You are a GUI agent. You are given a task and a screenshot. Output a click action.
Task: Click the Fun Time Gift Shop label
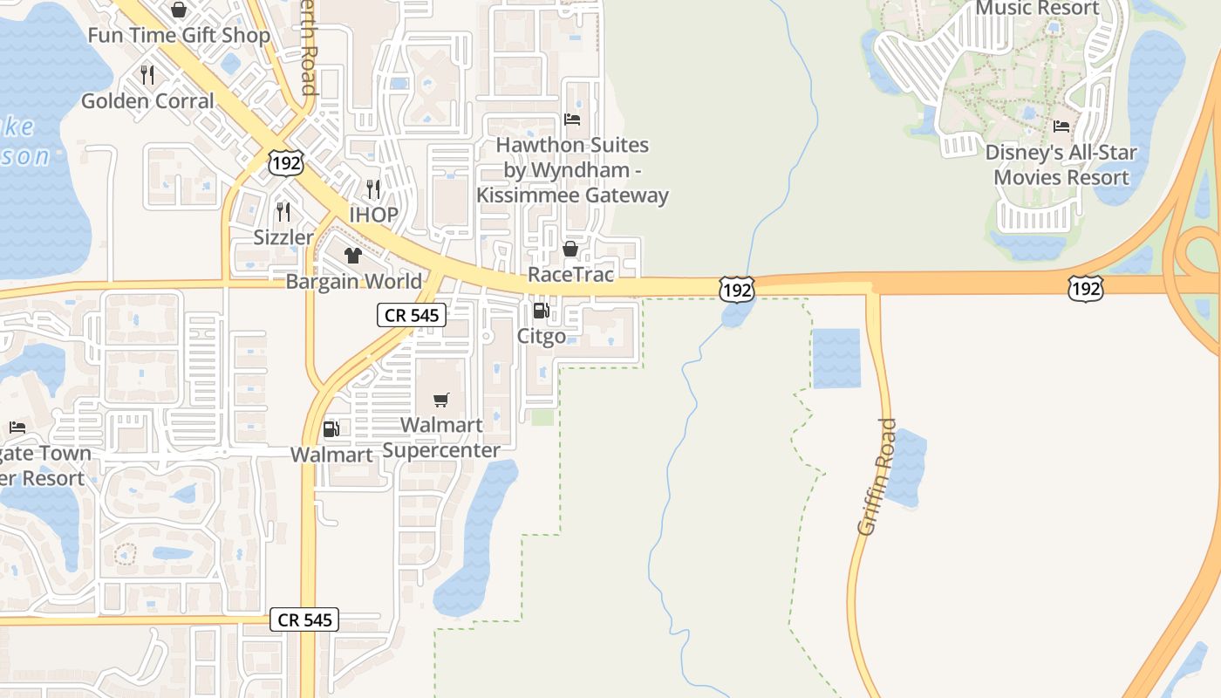pos(180,36)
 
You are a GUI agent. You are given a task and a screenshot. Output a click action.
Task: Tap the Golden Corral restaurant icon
pos(147,75)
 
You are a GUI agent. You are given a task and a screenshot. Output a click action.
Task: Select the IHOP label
pos(373,215)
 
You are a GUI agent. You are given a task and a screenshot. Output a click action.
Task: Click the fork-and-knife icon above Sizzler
pos(283,211)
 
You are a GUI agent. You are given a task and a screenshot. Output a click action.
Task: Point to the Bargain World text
pos(353,282)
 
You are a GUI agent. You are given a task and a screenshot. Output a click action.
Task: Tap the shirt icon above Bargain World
pos(352,256)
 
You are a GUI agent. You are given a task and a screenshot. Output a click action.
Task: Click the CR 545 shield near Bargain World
pos(412,315)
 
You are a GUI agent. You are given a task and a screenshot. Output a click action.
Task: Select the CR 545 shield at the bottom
pos(304,619)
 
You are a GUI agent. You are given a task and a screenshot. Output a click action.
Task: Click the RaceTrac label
pos(570,275)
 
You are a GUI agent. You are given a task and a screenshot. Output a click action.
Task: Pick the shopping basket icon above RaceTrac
pos(570,250)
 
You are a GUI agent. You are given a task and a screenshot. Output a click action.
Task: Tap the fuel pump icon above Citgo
pos(541,311)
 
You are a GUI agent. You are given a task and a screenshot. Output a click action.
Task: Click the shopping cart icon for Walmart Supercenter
pos(441,400)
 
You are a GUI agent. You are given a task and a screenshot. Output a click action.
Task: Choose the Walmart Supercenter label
pos(441,438)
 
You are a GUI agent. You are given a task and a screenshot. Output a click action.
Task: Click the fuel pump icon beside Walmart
pos(331,429)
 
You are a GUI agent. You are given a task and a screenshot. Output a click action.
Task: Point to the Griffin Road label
pos(877,476)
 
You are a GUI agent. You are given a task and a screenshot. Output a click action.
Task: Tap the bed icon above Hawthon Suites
pos(572,120)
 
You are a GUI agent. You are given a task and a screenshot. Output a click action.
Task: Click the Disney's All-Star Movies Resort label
pos(1061,165)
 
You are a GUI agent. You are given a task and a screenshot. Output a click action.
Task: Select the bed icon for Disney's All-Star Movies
pos(1061,127)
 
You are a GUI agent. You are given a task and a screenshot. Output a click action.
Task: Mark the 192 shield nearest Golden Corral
pos(286,161)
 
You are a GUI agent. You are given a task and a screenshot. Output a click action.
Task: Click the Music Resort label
pos(1037,9)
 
